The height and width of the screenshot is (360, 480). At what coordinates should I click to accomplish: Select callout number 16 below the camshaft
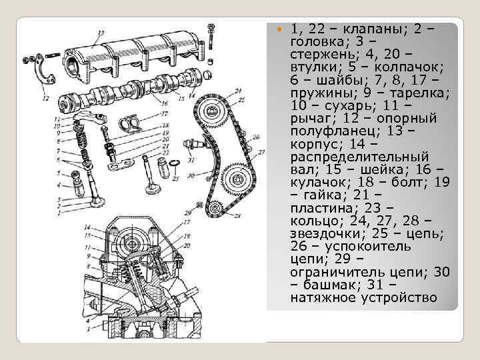pos(164,104)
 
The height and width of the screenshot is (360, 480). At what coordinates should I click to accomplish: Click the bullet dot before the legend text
pos(279,30)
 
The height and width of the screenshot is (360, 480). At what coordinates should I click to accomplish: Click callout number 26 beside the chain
pos(255,138)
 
